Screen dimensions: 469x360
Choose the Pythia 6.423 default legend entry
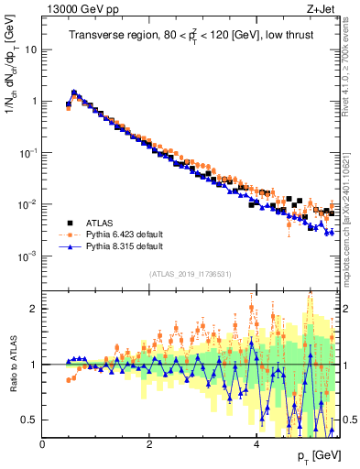125,234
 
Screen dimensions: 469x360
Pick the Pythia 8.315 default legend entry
125,246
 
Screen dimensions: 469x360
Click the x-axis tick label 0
43,443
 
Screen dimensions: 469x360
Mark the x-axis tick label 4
256,443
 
